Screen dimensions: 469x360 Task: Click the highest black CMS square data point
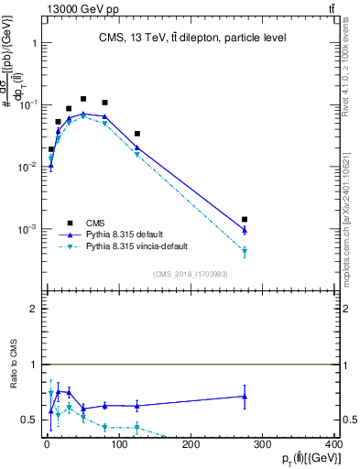coord(83,99)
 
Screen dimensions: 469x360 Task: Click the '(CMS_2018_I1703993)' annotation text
coord(191,274)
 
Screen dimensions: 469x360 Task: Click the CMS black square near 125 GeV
coord(136,134)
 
